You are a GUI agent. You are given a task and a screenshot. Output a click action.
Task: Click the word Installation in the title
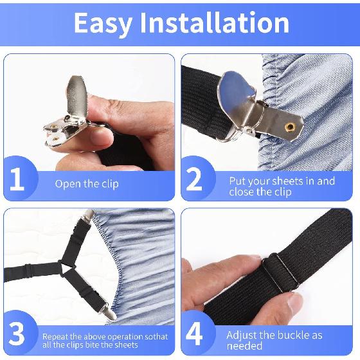[216, 23]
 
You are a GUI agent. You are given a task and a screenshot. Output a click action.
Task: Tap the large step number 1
[17, 181]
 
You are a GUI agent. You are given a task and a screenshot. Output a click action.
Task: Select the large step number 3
[17, 334]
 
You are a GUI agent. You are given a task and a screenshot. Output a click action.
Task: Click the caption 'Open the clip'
[87, 183]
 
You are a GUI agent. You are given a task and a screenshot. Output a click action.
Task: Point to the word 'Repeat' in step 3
[57, 336]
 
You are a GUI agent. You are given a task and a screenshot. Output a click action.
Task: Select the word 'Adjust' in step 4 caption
[242, 335]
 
